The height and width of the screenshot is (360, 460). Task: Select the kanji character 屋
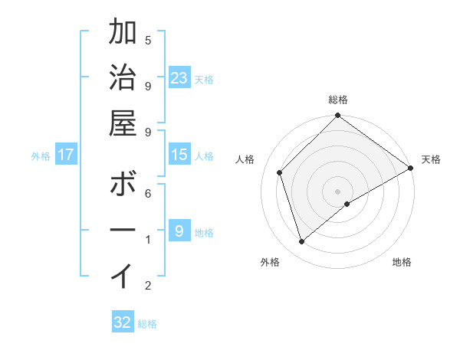point(123,123)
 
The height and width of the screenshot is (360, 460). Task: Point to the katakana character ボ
point(123,184)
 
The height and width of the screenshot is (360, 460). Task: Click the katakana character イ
point(123,275)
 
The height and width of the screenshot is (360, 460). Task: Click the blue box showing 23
point(179,77)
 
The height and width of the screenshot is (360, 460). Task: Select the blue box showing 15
point(179,155)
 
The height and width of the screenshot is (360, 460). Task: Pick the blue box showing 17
point(66,155)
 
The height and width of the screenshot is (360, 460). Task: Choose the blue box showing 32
point(123,322)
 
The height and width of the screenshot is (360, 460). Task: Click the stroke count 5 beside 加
point(148,40)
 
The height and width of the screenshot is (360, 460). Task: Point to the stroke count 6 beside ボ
point(148,194)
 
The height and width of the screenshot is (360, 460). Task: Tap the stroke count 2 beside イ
point(148,286)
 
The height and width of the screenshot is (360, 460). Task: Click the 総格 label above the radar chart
point(338,100)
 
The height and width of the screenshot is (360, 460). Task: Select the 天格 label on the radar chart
point(431,159)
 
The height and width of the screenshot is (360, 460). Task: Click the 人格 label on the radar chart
point(245,159)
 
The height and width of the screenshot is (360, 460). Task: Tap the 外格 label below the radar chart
point(270,262)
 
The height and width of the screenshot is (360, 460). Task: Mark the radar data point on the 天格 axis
point(410,169)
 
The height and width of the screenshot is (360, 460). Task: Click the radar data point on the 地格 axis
point(347,204)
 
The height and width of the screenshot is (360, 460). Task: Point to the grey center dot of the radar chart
point(337,190)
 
